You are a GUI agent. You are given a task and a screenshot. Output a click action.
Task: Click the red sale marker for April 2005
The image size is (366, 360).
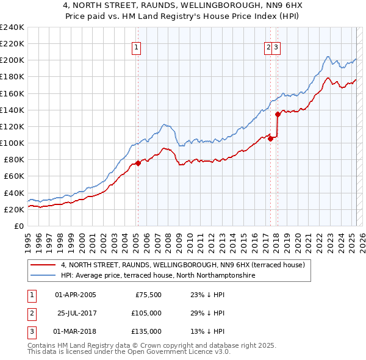[138, 163]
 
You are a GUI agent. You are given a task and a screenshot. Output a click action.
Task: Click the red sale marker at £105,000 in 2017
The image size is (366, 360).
[270, 139]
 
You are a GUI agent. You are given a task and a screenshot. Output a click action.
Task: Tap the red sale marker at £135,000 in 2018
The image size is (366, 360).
[277, 113]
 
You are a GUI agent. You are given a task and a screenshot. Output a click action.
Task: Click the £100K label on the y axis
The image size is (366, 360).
[12, 143]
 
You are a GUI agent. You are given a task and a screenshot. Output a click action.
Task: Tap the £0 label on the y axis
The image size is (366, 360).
[20, 226]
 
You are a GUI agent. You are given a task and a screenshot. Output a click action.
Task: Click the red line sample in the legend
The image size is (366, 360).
[43, 265]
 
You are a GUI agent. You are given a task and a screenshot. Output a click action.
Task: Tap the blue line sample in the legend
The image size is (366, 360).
[43, 275]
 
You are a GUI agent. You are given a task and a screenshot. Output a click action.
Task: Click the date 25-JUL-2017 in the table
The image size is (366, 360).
[76, 313]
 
